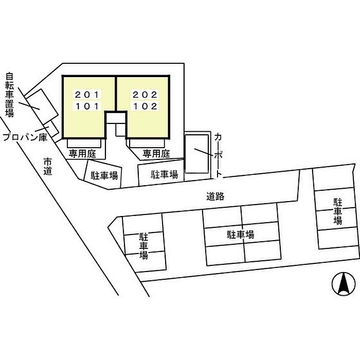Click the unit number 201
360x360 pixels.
pyautogui.click(x=87, y=95)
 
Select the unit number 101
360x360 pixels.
pyautogui.click(x=87, y=106)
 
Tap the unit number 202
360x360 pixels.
pyautogui.click(x=145, y=95)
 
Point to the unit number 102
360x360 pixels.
pyautogui.click(x=145, y=106)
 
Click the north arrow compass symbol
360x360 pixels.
pyautogui.click(x=344, y=284)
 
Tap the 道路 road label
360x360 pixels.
pyautogui.click(x=215, y=196)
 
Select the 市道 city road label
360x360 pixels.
pyautogui.click(x=48, y=167)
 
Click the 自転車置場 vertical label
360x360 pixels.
pyautogui.click(x=10, y=95)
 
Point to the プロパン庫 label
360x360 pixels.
pyautogui.click(x=25, y=137)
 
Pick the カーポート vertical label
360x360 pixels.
pyautogui.click(x=219, y=156)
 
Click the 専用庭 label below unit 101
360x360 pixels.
pyautogui.click(x=82, y=154)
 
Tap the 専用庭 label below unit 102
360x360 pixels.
pyautogui.click(x=156, y=154)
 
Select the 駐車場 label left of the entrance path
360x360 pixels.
pyautogui.click(x=104, y=176)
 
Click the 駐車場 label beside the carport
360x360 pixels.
pyautogui.click(x=165, y=175)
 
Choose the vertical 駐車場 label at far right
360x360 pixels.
pyautogui.click(x=338, y=211)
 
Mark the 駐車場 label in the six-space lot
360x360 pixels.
pyautogui.click(x=240, y=235)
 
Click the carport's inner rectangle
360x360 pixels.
pyautogui.click(x=197, y=154)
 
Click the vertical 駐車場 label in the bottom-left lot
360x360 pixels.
pyautogui.click(x=143, y=246)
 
